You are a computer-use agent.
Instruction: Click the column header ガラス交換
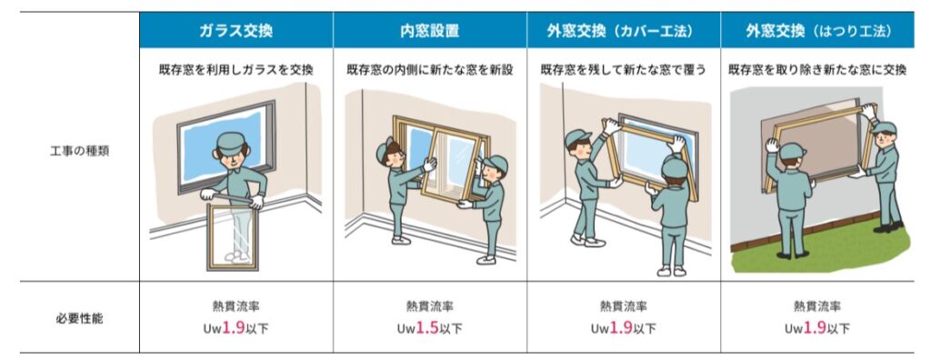pyautogui.click(x=235, y=30)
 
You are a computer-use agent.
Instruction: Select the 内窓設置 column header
pyautogui.click(x=429, y=30)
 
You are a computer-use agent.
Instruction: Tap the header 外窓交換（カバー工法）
pyautogui.click(x=624, y=30)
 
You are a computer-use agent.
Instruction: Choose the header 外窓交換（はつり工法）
pyautogui.click(x=817, y=30)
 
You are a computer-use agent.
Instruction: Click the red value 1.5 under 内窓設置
pyautogui.click(x=427, y=328)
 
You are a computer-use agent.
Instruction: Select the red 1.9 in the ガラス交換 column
pyautogui.click(x=234, y=328)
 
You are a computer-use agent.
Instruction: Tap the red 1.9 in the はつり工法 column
pyautogui.click(x=816, y=328)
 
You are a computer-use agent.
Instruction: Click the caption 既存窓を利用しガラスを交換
pyautogui.click(x=235, y=70)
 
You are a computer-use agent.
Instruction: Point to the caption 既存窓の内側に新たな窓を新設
pyautogui.click(x=429, y=70)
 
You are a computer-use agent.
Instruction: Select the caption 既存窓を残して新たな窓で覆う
pyautogui.click(x=624, y=70)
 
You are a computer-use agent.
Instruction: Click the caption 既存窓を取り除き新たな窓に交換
pyautogui.click(x=817, y=70)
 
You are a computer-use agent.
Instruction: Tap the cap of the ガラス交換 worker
pyautogui.click(x=232, y=141)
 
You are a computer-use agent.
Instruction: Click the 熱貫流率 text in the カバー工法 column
pyautogui.click(x=624, y=306)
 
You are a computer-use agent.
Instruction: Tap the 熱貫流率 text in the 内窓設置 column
pyautogui.click(x=429, y=306)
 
